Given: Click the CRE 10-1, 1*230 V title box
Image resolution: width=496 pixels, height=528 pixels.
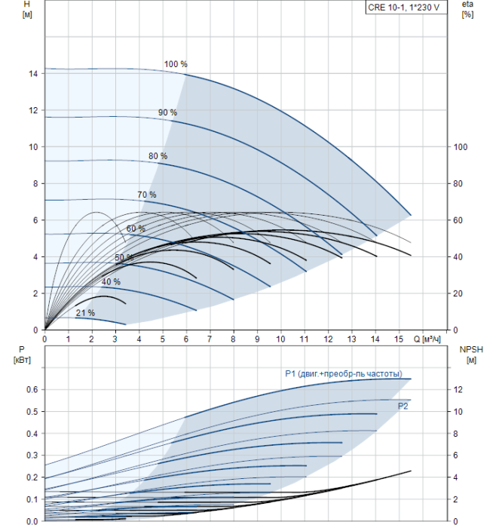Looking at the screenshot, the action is click(406, 8).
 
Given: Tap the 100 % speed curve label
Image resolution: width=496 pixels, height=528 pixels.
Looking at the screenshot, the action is click(176, 64).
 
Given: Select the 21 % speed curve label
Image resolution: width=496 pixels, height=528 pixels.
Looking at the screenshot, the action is click(85, 313).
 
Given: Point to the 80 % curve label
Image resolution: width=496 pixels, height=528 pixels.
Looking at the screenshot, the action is click(158, 156).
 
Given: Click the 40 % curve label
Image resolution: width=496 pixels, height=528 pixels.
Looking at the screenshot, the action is click(111, 281).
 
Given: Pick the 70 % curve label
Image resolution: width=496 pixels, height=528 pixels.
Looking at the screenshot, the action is click(147, 195).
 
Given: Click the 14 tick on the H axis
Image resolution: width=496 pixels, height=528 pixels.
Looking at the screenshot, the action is click(33, 74).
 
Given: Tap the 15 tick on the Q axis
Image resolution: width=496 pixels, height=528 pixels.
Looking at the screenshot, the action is click(399, 339).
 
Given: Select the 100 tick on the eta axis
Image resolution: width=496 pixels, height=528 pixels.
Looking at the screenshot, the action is click(461, 147).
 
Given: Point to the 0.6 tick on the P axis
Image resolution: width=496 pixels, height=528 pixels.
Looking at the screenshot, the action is click(32, 390).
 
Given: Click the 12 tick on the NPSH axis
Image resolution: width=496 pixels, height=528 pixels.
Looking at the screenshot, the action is click(458, 390).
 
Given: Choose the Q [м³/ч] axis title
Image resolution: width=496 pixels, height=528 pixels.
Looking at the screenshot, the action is click(427, 339).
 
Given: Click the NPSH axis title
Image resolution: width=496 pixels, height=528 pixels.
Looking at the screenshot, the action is click(471, 355).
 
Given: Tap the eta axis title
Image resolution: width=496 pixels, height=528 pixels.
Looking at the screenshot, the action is click(467, 9).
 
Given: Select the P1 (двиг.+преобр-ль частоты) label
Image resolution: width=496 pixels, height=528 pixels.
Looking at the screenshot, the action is click(344, 374).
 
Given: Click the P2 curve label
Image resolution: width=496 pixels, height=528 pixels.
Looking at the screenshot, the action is click(403, 406).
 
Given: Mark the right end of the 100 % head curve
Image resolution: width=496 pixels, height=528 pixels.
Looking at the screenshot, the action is click(411, 215).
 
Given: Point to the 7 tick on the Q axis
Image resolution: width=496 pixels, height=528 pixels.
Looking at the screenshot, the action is click(210, 339).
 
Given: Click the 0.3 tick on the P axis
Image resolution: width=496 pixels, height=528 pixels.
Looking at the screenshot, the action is click(32, 456).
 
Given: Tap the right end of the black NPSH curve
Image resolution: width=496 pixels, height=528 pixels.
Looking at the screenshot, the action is click(411, 471).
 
